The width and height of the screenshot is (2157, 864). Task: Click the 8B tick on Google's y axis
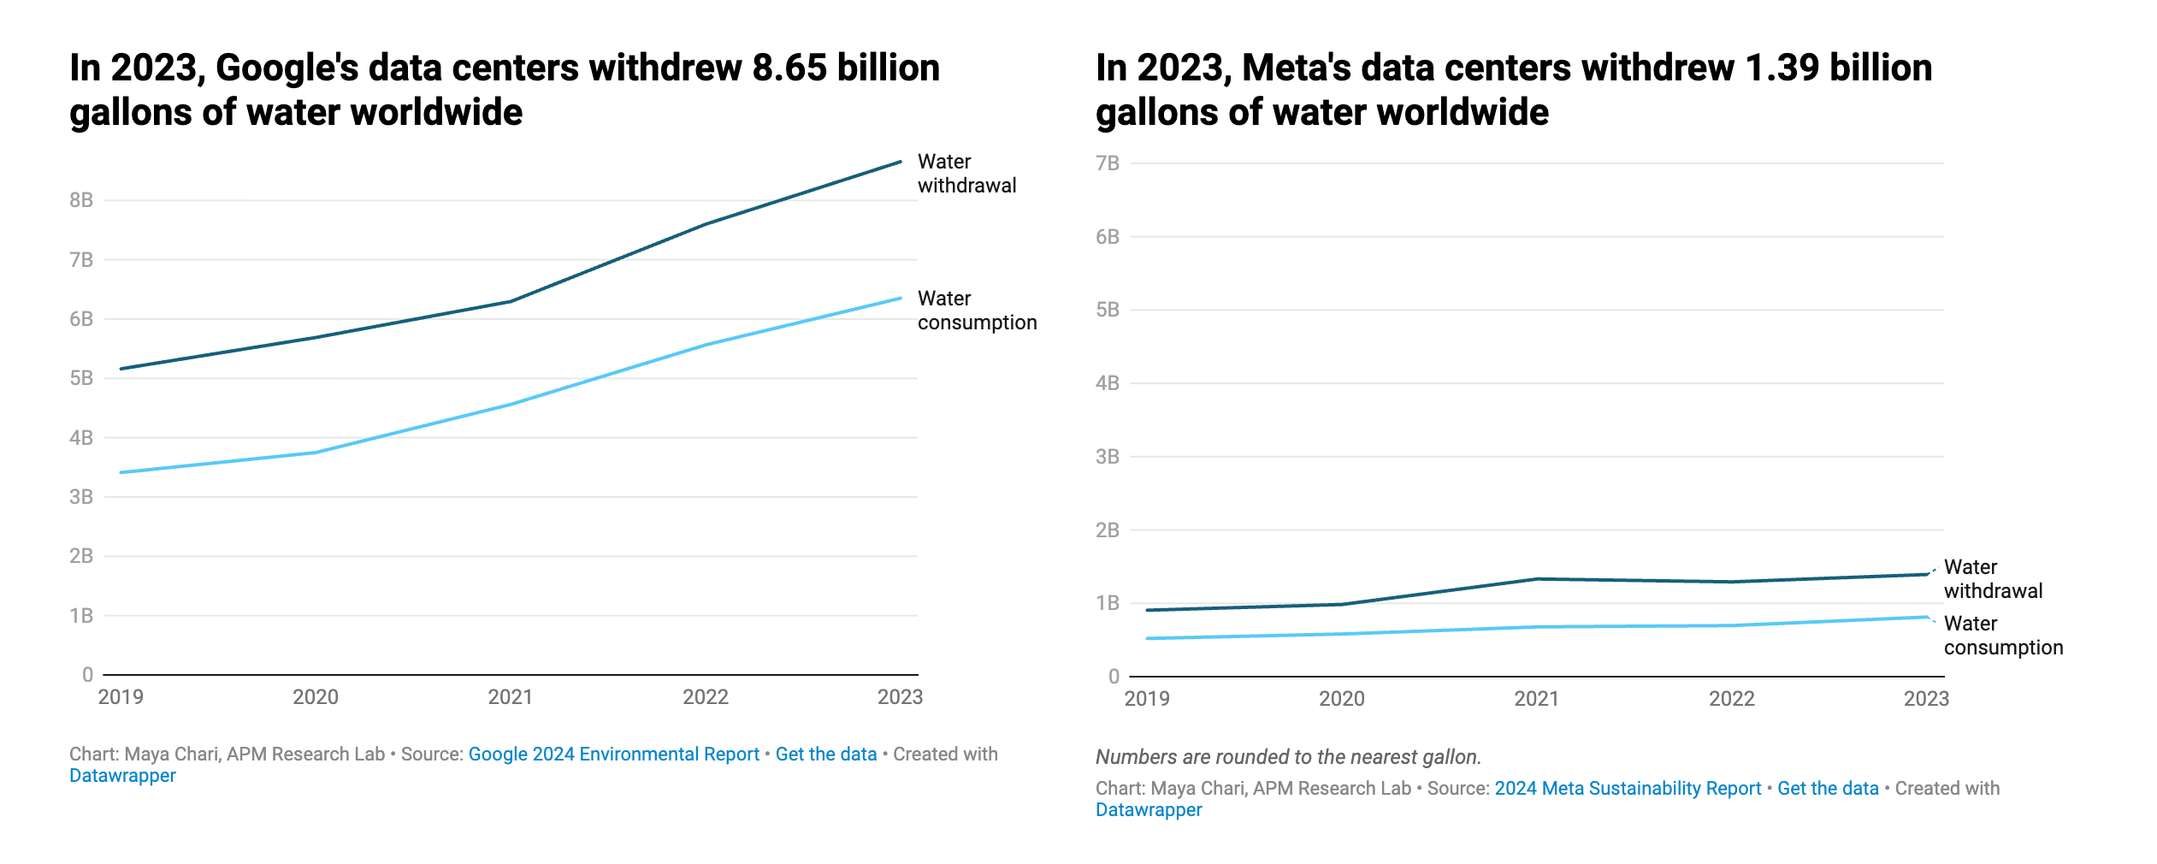pyautogui.click(x=81, y=200)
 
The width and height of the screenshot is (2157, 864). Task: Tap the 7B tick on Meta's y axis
pyautogui.click(x=1108, y=163)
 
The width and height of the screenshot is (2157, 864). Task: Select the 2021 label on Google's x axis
pyautogui.click(x=511, y=697)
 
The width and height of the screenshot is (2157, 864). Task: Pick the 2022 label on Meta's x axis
pyautogui.click(x=1732, y=699)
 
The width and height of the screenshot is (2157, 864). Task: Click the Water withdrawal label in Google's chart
pyautogui.click(x=966, y=174)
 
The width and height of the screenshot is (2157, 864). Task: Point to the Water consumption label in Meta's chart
pyautogui.click(x=2003, y=636)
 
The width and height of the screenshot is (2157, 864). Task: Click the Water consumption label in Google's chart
pyautogui.click(x=977, y=311)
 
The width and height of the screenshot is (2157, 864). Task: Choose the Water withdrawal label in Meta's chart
pyautogui.click(x=1993, y=579)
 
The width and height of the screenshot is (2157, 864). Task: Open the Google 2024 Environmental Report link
pyautogui.click(x=613, y=755)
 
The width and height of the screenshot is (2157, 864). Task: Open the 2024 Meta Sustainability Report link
pyautogui.click(x=1628, y=789)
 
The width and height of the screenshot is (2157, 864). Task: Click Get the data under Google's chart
pyautogui.click(x=826, y=755)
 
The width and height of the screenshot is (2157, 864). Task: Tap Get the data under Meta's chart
pyautogui.click(x=1828, y=789)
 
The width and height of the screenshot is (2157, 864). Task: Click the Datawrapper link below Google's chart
pyautogui.click(x=122, y=776)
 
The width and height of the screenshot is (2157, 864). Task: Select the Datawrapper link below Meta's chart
pyautogui.click(x=1149, y=810)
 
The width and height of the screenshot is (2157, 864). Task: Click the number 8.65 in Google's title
pyautogui.click(x=789, y=68)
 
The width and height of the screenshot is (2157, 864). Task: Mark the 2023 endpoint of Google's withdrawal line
pyautogui.click(x=901, y=162)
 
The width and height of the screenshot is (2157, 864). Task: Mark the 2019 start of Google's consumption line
pyautogui.click(x=121, y=472)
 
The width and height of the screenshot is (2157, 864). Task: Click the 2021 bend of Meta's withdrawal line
pyautogui.click(x=1537, y=579)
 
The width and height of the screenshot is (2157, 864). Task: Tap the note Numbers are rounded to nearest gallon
pyautogui.click(x=1288, y=757)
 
